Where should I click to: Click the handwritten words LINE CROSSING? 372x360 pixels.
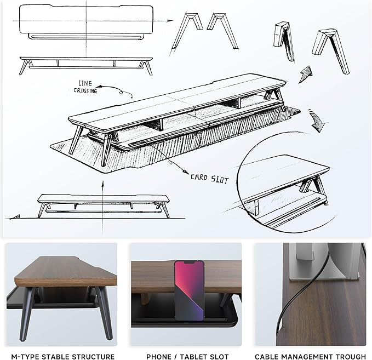[85, 87]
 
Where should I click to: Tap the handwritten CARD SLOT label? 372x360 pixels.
[209, 179]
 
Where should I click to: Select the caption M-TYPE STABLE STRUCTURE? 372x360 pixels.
[63, 357]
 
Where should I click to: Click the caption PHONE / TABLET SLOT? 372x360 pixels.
[187, 357]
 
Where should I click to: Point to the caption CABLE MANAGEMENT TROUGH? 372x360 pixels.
[310, 357]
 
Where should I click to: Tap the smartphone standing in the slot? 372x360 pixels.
[190, 290]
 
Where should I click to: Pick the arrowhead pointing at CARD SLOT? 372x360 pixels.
[185, 172]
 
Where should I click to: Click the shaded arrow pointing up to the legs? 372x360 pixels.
[305, 75]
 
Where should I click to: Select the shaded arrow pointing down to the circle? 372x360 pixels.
[317, 121]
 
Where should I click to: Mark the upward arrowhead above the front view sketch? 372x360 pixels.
[103, 183]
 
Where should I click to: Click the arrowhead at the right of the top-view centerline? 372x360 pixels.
[170, 21]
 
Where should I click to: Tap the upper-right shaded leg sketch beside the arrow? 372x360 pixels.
[331, 51]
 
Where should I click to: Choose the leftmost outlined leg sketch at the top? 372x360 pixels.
[186, 33]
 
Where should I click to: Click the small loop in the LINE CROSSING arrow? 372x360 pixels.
[121, 92]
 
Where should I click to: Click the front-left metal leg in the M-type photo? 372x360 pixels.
[27, 314]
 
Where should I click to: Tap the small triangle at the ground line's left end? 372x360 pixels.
[16, 216]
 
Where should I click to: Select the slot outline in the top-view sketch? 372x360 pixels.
[87, 36]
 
